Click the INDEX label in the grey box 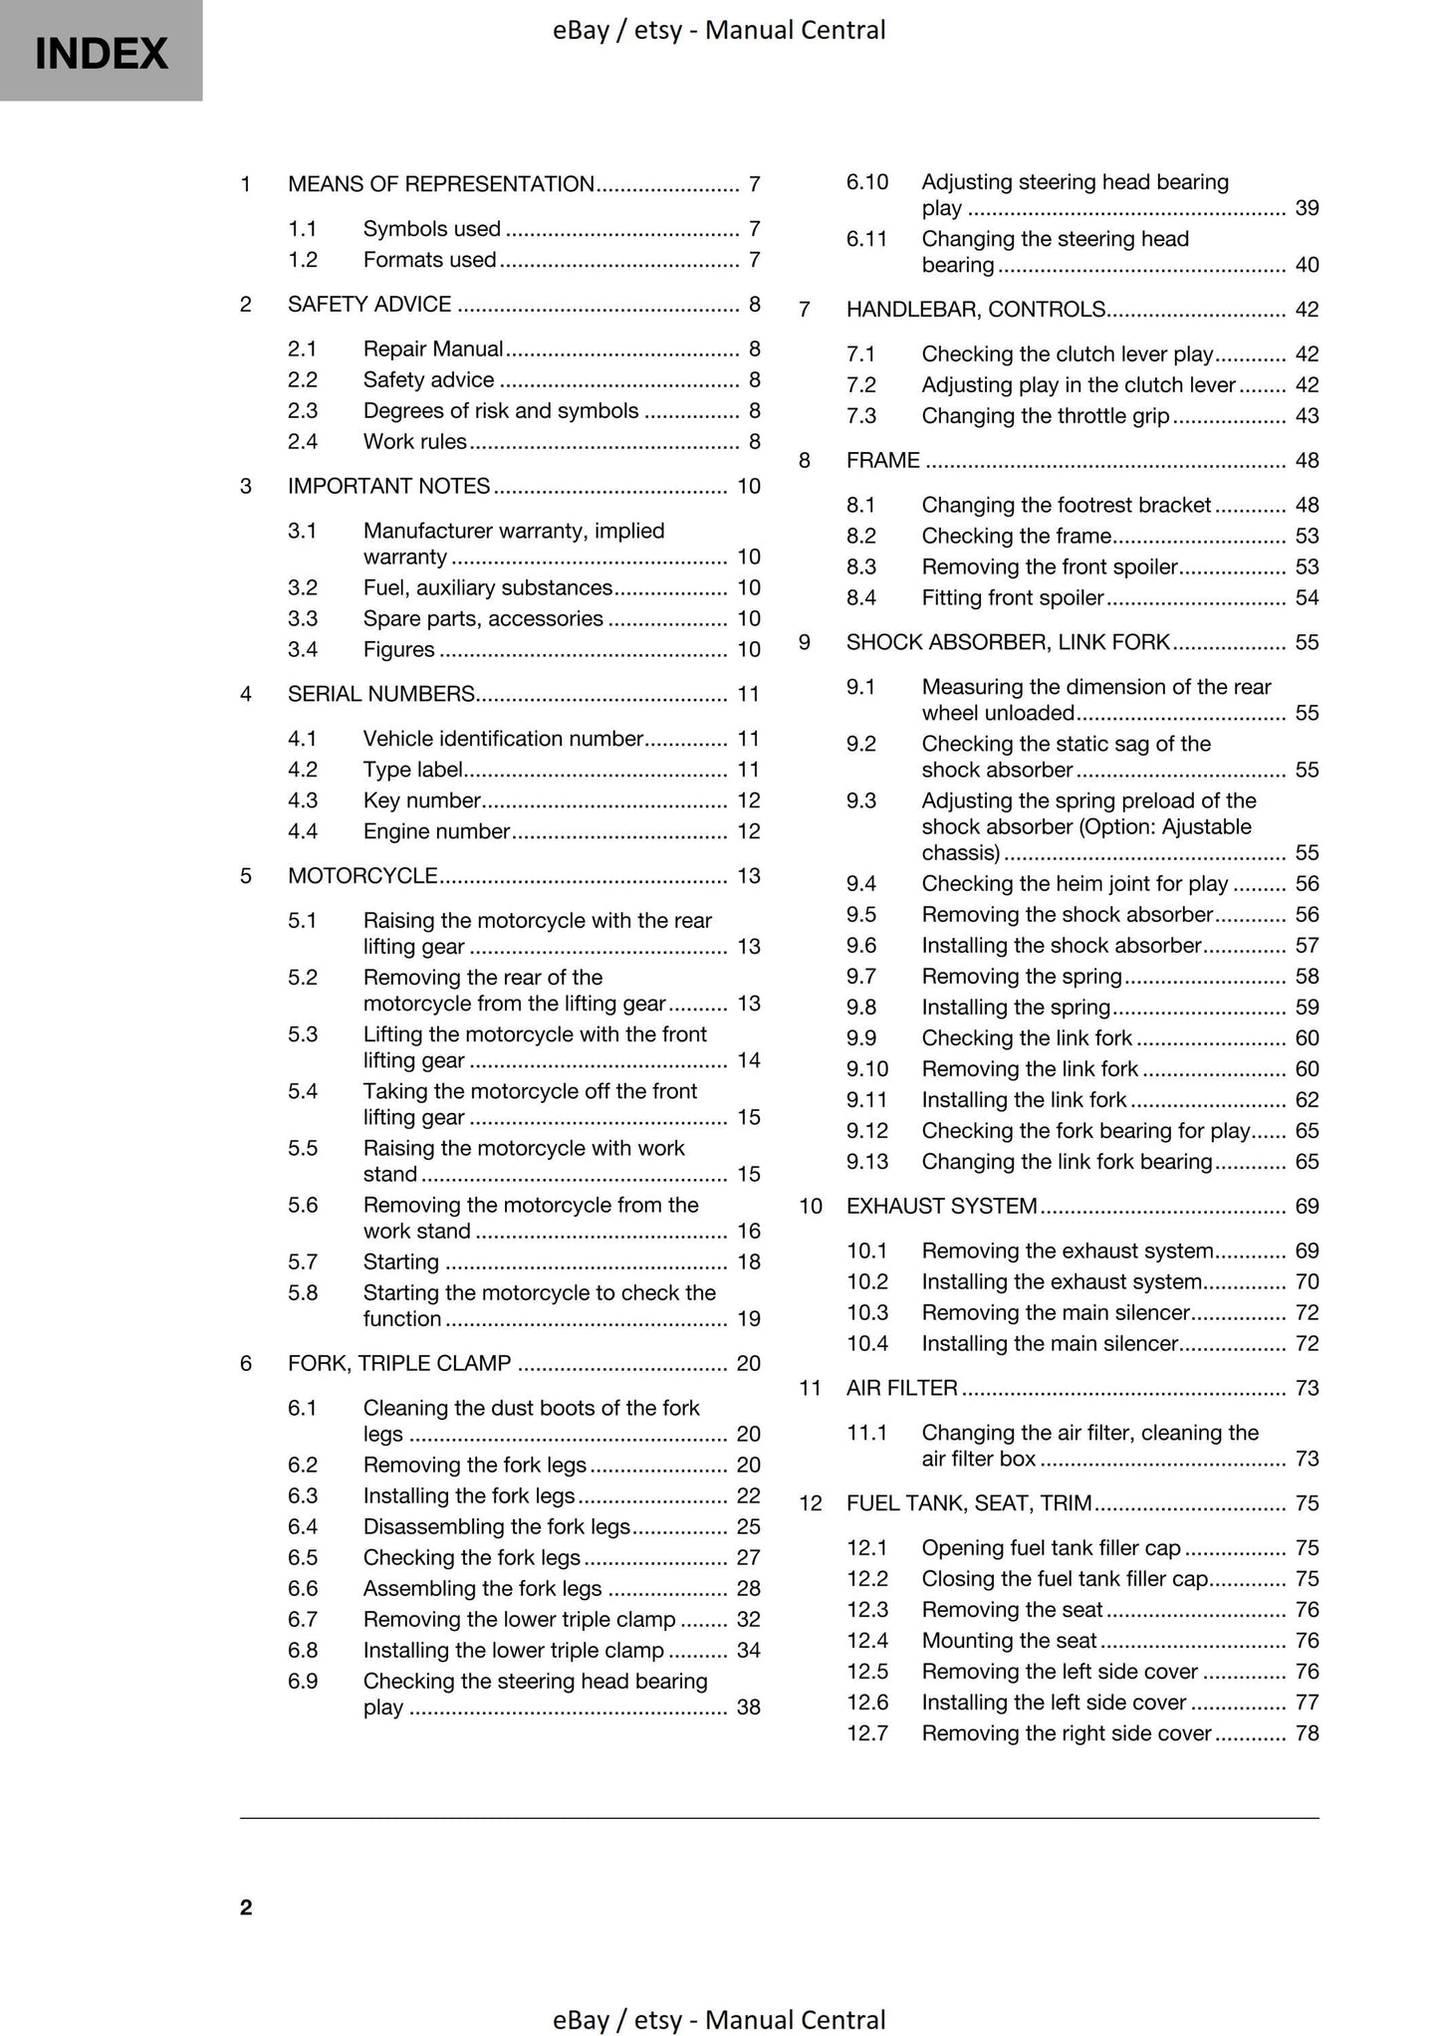tap(101, 53)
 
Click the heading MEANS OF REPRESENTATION tap(440, 184)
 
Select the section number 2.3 tap(302, 411)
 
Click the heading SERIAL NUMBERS tap(380, 694)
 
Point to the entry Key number tap(421, 800)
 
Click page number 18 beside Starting tap(748, 1262)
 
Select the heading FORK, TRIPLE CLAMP tap(398, 1364)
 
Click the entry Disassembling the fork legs tap(496, 1527)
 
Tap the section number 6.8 tap(302, 1651)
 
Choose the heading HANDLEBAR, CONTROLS tap(975, 310)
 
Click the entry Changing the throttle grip tap(1045, 416)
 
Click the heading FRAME tap(882, 461)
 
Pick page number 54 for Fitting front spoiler tap(1307, 598)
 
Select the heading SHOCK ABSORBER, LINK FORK tap(1008, 643)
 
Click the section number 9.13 tap(866, 1162)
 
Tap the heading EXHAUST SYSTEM tap(941, 1207)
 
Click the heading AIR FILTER tap(901, 1389)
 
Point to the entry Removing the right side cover tap(1066, 1734)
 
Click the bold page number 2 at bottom tap(246, 1908)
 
